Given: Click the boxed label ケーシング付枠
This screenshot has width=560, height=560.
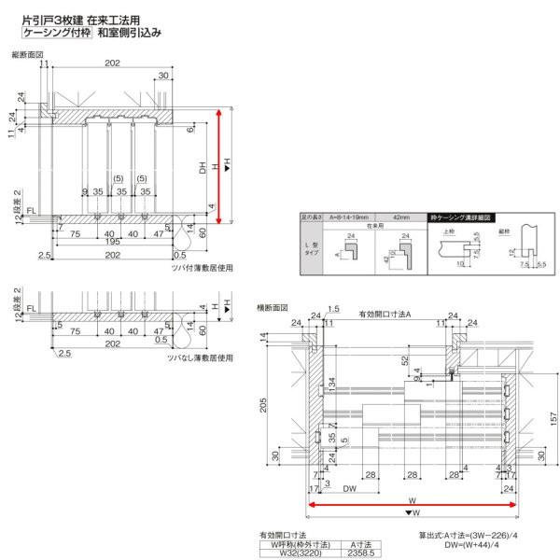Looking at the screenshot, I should (x=56, y=32).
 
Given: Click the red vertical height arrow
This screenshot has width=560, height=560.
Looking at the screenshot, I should (x=219, y=166).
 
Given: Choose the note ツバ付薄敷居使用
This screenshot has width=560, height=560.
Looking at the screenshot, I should (x=200, y=267).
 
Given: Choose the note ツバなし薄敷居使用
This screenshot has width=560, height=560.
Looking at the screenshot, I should (x=200, y=357).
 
